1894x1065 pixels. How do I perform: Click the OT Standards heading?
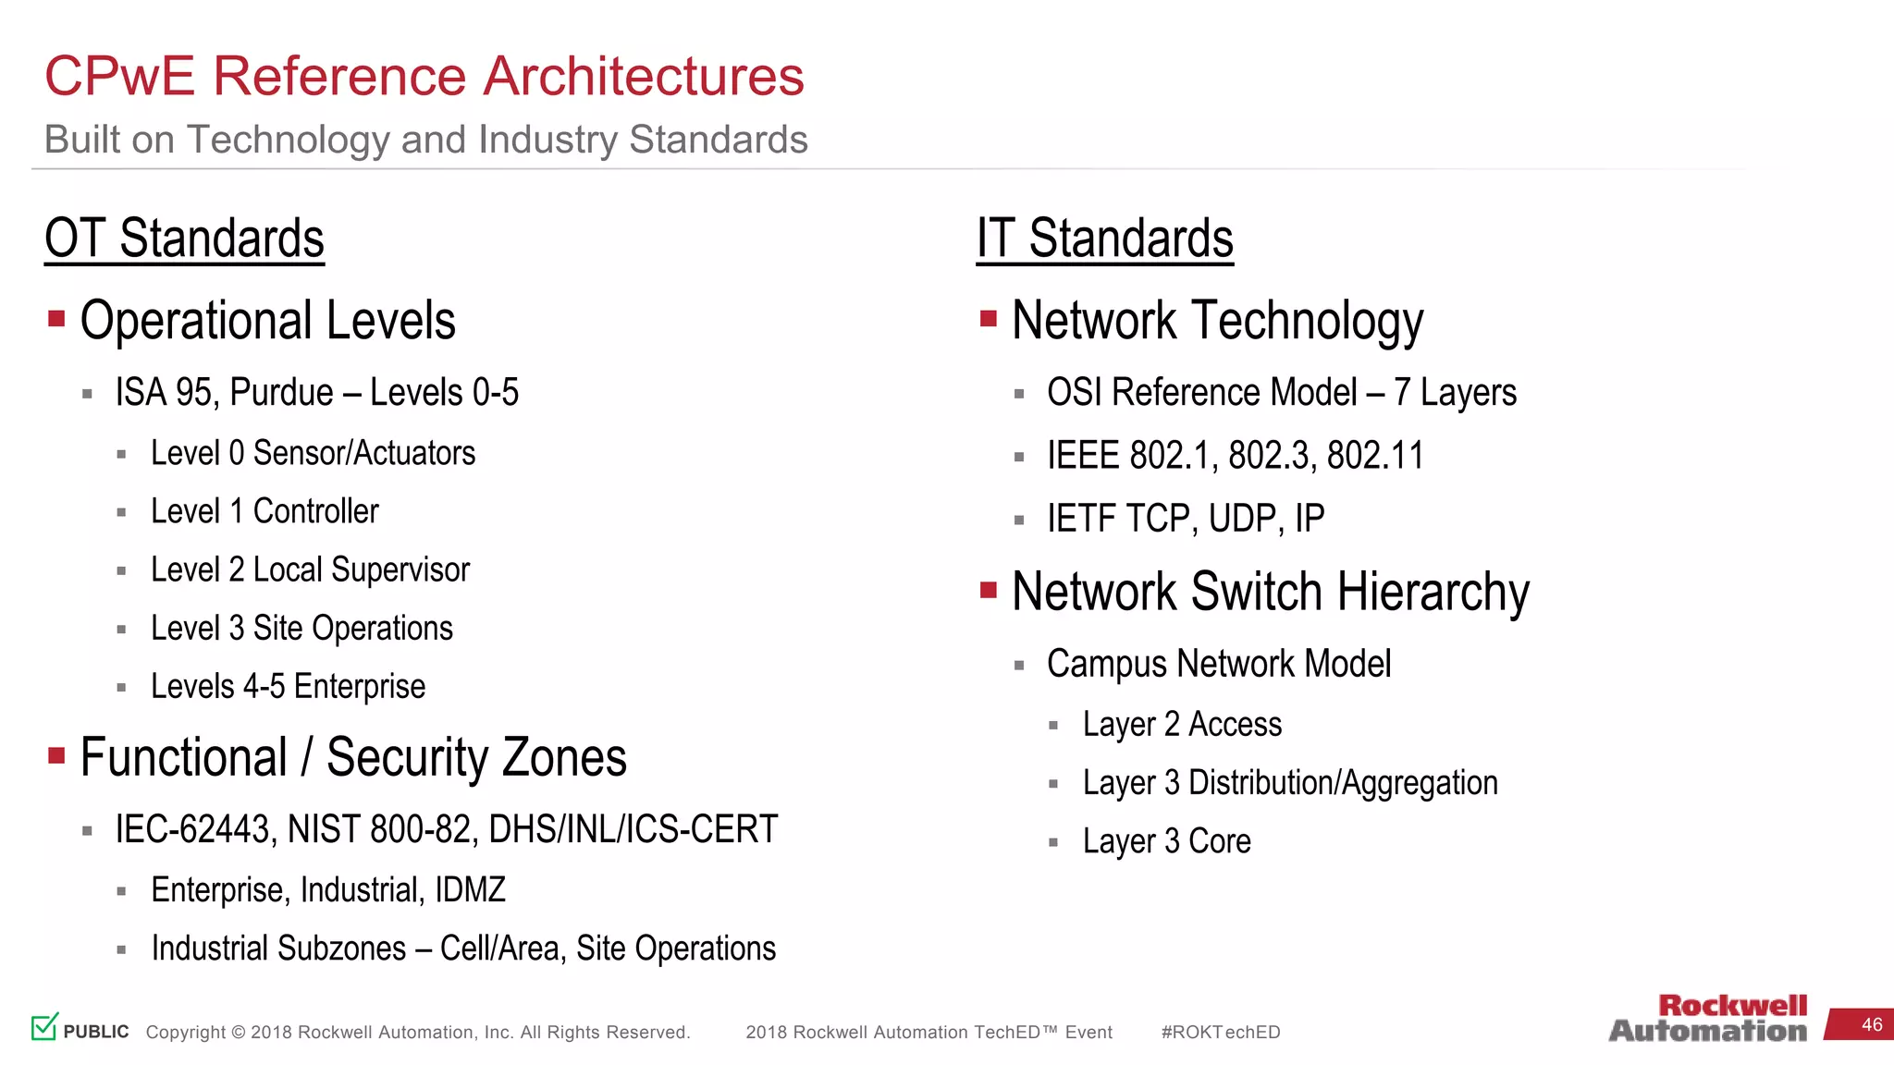[184, 239]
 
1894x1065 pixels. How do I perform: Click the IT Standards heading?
[1104, 239]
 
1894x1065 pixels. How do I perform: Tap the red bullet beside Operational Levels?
[56, 319]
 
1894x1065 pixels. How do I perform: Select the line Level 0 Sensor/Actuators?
[313, 453]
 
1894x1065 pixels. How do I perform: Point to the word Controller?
[315, 511]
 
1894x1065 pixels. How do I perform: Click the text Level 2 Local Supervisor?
[310, 569]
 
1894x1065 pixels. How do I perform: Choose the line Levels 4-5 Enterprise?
[288, 686]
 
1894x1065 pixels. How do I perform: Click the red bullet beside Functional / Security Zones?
[56, 756]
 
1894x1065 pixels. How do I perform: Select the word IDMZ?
[470, 889]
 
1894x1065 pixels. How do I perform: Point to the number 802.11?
[1374, 456]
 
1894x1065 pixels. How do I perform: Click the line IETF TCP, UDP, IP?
[1185, 519]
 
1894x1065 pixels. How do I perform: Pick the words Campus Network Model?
[1218, 664]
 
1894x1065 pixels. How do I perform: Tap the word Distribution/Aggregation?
[1342, 783]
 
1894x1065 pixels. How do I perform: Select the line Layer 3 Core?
[1166, 841]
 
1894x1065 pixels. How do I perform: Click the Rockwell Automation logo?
[1707, 1019]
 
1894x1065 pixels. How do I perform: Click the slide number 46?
[1871, 1024]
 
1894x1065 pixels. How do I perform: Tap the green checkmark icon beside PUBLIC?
[44, 1026]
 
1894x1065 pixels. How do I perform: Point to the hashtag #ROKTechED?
[1220, 1032]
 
